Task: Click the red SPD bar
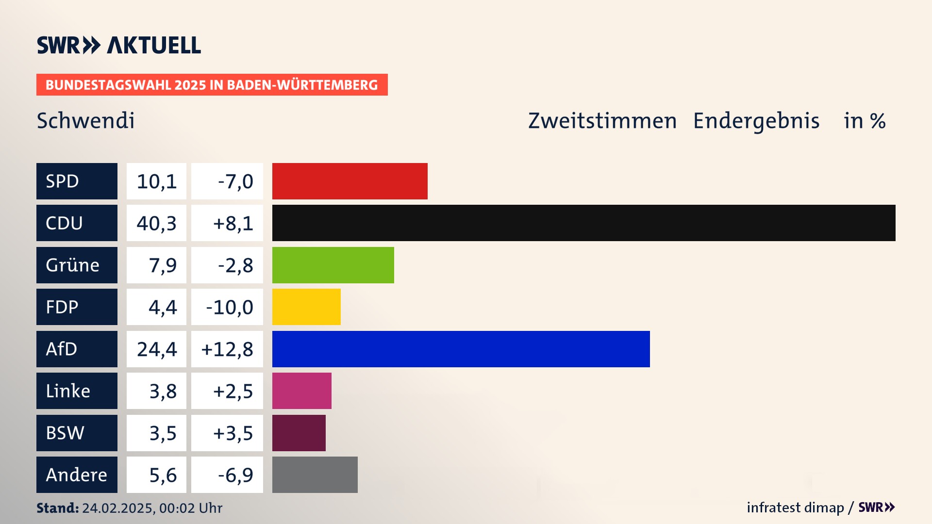click(x=349, y=181)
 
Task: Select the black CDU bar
click(x=583, y=223)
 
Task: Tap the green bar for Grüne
click(x=333, y=265)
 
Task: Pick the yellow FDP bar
click(x=306, y=307)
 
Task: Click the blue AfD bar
click(x=461, y=349)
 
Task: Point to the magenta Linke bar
click(x=301, y=391)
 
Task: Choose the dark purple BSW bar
click(x=299, y=433)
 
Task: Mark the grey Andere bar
click(x=315, y=475)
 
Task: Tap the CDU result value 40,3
click(x=156, y=223)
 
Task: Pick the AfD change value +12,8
click(x=227, y=349)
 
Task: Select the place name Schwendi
click(x=85, y=120)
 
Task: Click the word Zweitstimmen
click(x=602, y=120)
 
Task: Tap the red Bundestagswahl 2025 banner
click(x=212, y=85)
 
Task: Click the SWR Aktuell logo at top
click(x=118, y=45)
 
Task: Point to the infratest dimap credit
click(x=795, y=508)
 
